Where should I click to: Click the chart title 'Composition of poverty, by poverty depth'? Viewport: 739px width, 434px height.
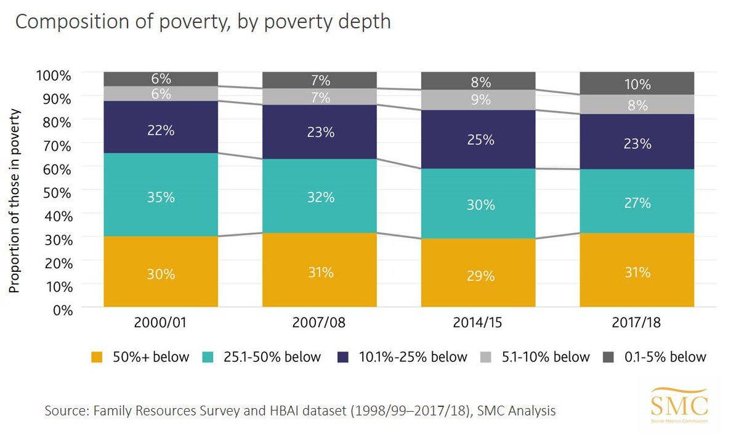tap(203, 22)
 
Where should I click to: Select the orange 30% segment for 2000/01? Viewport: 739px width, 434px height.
tap(161, 272)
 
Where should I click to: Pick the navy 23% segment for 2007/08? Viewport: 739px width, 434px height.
tap(320, 132)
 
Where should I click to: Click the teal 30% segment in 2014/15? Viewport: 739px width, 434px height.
tap(479, 203)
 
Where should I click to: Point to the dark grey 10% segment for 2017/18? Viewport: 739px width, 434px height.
tap(637, 84)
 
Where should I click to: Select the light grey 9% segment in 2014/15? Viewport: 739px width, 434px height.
tap(479, 100)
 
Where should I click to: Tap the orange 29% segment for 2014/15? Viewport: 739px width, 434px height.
tap(479, 274)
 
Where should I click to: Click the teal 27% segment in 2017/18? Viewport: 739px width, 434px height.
tap(637, 202)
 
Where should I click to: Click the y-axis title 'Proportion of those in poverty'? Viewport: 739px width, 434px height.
tap(15, 201)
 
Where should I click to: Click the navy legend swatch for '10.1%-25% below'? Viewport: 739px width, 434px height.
tap(345, 357)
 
